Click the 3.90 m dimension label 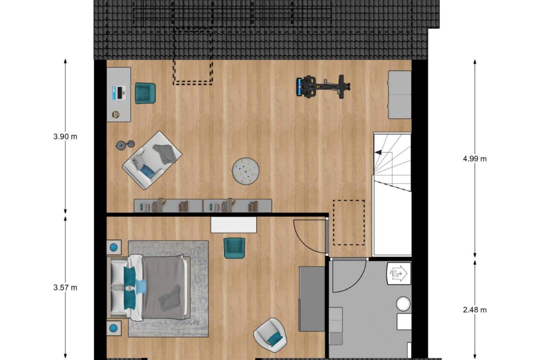click(65, 137)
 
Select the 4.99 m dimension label click(474, 159)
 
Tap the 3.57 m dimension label click(65, 288)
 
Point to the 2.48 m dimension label click(474, 310)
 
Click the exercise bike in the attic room click(323, 86)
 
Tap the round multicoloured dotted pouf click(246, 170)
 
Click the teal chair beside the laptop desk click(145, 93)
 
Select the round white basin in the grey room click(403, 304)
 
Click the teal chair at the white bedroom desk click(234, 248)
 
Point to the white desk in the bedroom click(234, 225)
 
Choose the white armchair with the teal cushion click(270, 335)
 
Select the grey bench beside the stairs click(399, 95)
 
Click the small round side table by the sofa click(125, 144)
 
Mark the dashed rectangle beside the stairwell click(349, 222)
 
